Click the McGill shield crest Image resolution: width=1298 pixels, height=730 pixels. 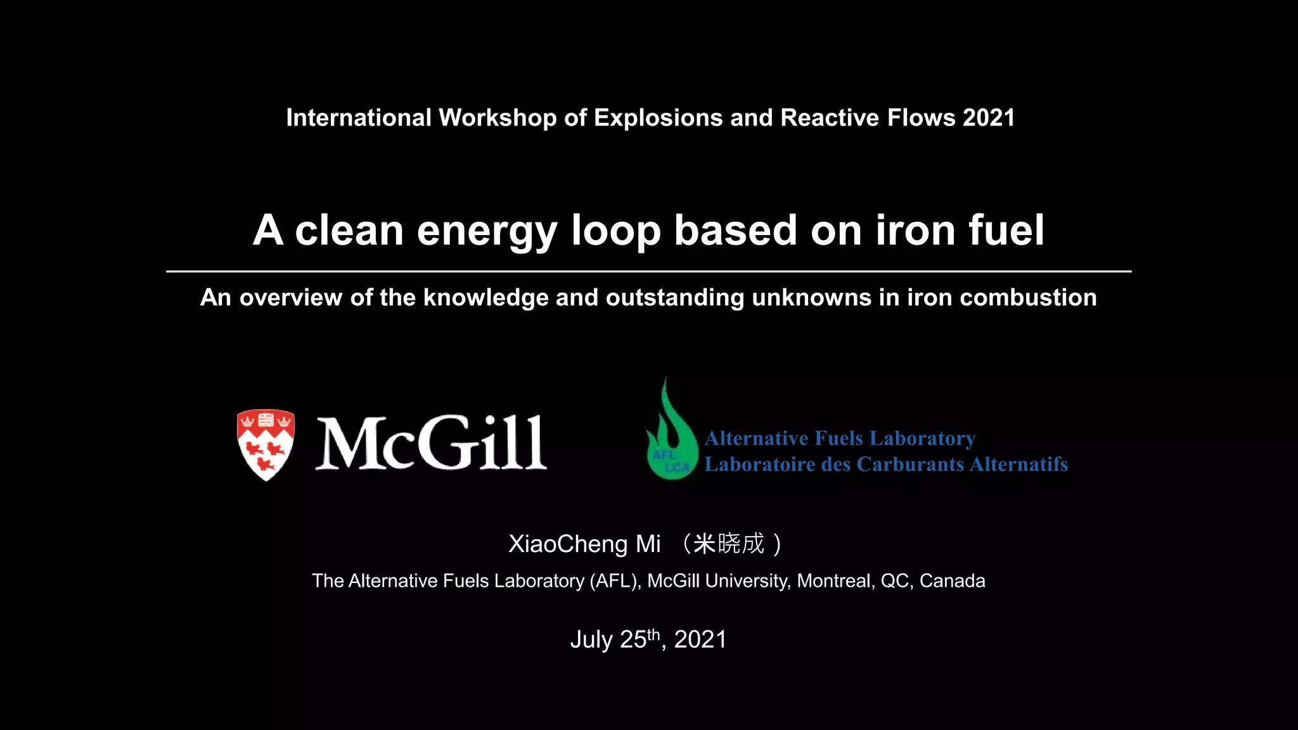(266, 444)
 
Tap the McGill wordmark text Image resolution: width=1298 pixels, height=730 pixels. (431, 443)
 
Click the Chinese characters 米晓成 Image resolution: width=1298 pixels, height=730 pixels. (729, 544)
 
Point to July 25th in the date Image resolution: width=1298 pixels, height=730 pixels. (615, 639)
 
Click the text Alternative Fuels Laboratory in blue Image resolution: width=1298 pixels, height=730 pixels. (840, 439)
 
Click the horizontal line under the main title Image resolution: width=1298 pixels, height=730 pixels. (648, 271)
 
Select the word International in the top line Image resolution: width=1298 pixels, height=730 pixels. (359, 118)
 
